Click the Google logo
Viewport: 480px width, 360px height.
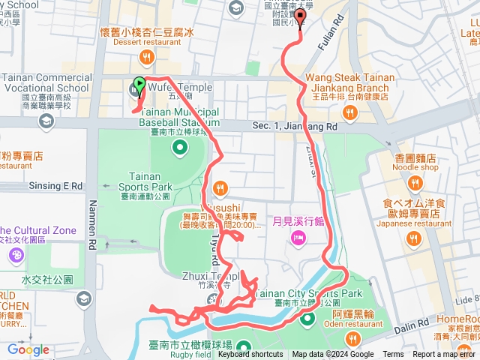point(28,349)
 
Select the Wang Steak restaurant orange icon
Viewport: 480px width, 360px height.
point(349,113)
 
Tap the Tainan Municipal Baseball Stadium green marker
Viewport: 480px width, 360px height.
point(179,145)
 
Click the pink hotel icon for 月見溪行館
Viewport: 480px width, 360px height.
point(297,238)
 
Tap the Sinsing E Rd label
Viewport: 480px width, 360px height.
point(55,184)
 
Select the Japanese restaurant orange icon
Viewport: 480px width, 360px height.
point(414,238)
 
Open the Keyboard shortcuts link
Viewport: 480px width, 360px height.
point(256,355)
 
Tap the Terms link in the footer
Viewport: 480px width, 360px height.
point(393,355)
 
